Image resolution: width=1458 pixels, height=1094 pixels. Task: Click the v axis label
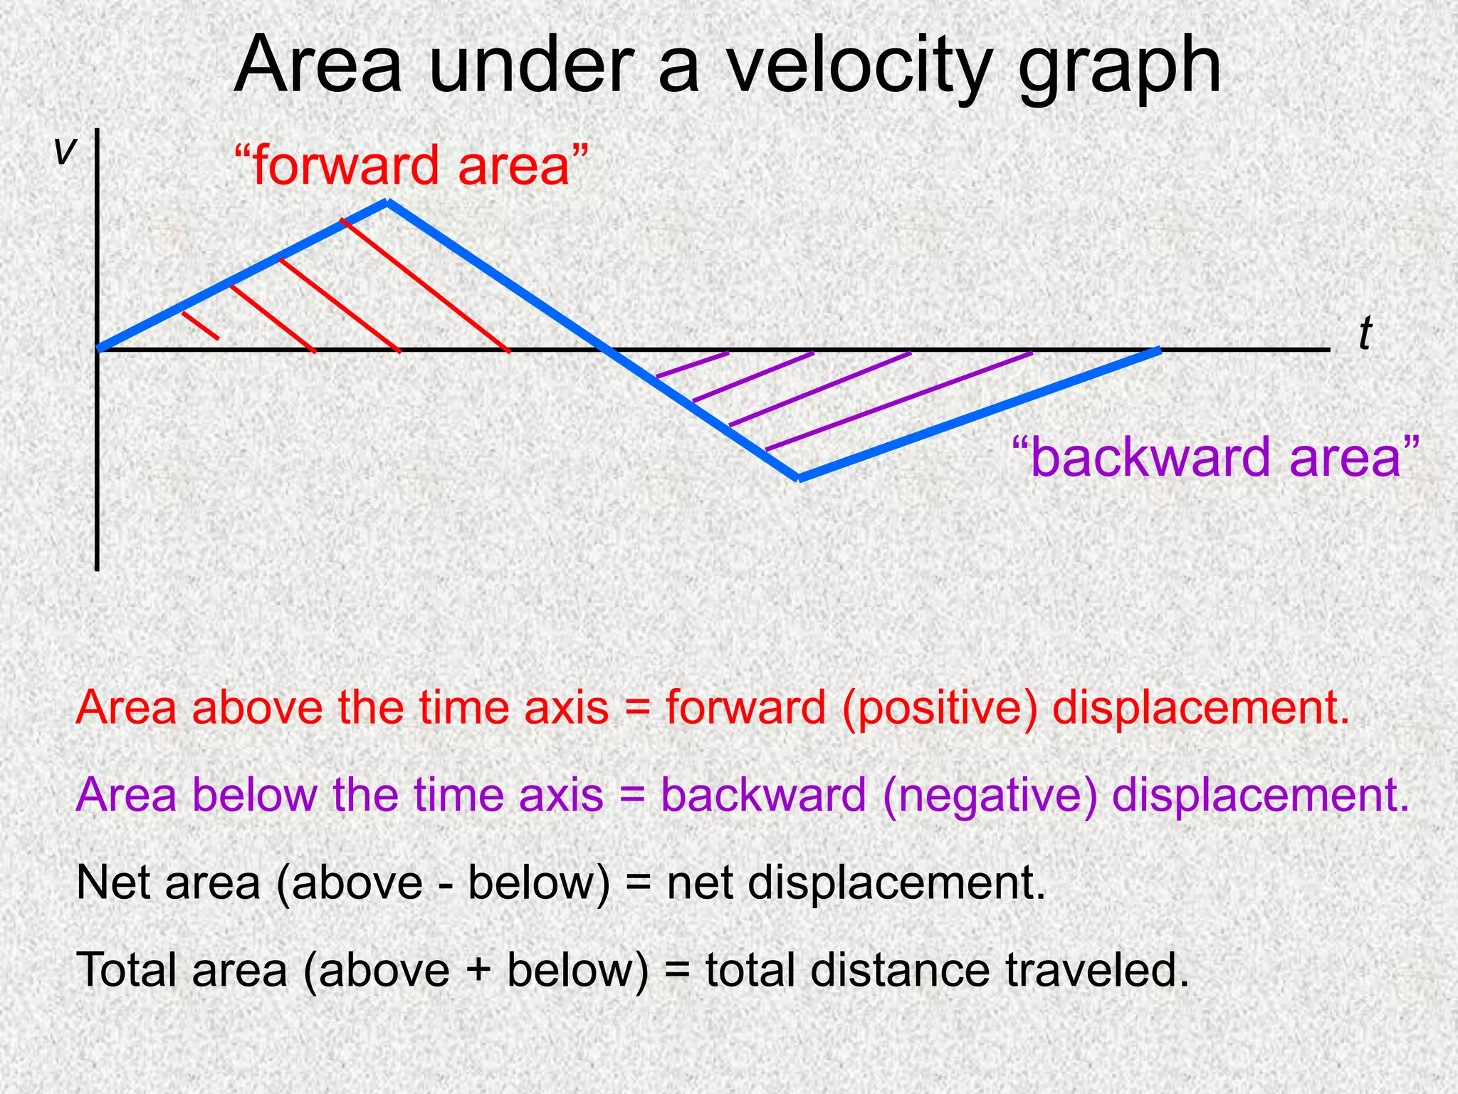(65, 150)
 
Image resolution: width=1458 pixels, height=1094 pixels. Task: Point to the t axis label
(1364, 334)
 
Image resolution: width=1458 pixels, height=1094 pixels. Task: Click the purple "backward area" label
(1215, 457)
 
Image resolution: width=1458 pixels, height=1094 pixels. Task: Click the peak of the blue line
(387, 203)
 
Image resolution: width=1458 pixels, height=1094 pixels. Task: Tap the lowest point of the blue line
(799, 478)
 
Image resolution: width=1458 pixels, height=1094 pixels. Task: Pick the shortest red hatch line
(201, 325)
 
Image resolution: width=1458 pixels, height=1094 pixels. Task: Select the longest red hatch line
(425, 286)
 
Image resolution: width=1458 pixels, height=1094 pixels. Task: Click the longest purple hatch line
(898, 401)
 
